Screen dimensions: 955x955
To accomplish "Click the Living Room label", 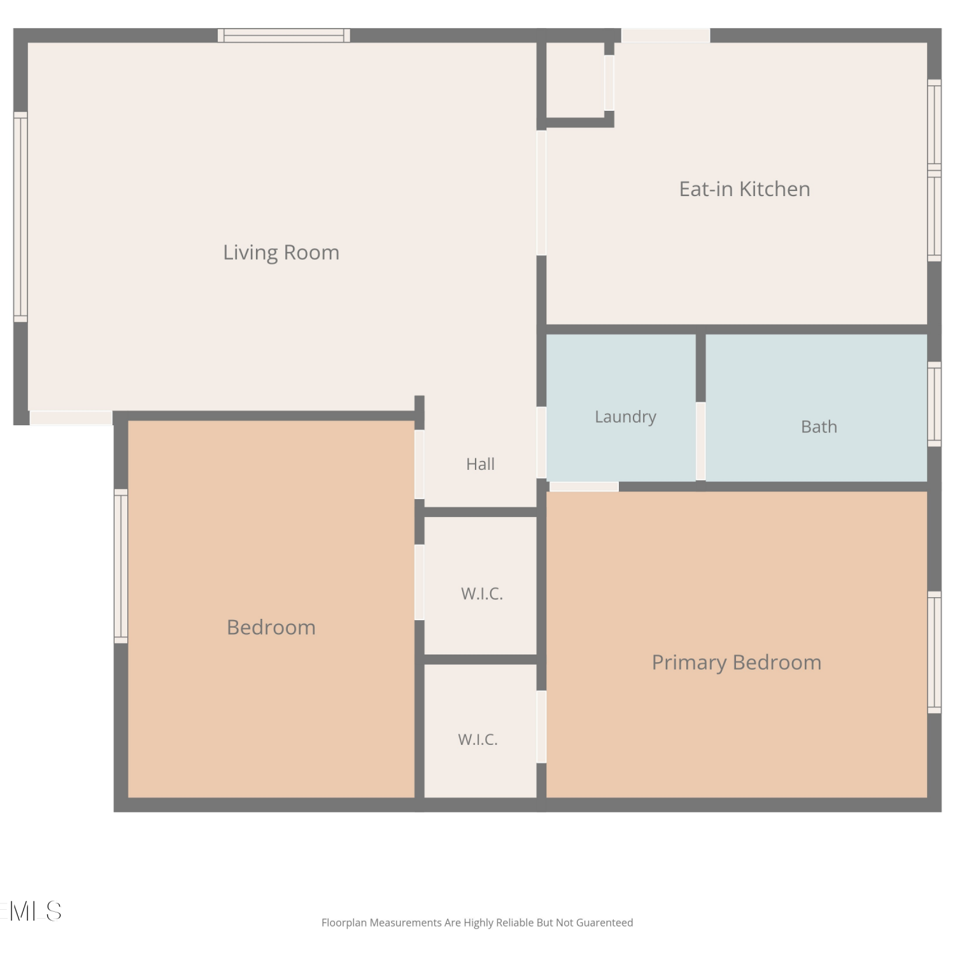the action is (x=281, y=253).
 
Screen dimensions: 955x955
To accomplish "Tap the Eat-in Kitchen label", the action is (x=744, y=189).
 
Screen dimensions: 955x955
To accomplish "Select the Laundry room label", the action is (x=625, y=417).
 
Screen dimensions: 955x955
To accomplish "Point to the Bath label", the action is (x=819, y=427).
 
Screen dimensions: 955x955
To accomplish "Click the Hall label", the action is (x=480, y=464).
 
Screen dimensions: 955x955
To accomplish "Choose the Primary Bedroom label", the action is (x=737, y=663).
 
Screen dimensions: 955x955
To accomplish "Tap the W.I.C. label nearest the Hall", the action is (x=482, y=594).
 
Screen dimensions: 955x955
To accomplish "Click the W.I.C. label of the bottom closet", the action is (x=478, y=740).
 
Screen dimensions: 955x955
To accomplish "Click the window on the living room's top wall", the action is (x=284, y=36).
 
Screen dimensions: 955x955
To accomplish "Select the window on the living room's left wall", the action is (x=21, y=217).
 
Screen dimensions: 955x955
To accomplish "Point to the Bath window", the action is (x=934, y=404).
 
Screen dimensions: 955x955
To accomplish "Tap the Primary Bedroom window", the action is (x=934, y=653).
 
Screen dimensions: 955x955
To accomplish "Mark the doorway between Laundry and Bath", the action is (x=700, y=441).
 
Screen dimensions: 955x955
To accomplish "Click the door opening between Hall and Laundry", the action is (x=542, y=442).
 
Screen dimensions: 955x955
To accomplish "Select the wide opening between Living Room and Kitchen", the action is (x=542, y=193).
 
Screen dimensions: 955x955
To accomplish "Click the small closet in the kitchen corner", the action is (x=576, y=80).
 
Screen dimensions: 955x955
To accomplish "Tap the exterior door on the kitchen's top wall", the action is (x=666, y=36).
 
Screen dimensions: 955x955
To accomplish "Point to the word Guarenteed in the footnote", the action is (x=605, y=923).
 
